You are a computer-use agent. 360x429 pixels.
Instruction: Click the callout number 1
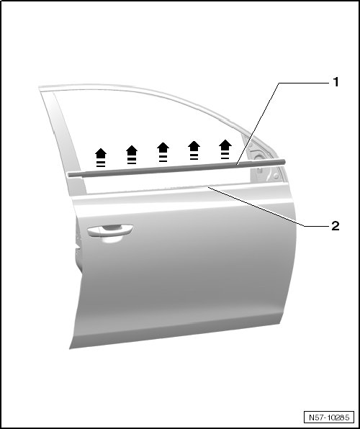pyautogui.click(x=336, y=82)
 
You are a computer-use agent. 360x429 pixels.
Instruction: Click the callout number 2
pyautogui.click(x=336, y=226)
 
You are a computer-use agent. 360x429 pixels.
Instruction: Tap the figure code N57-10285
pyautogui.click(x=329, y=417)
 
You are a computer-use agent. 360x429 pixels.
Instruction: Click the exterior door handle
pyautogui.click(x=110, y=230)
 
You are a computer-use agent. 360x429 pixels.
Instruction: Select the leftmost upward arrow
pyautogui.click(x=101, y=158)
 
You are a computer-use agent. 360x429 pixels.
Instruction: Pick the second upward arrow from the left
pyautogui.click(x=132, y=155)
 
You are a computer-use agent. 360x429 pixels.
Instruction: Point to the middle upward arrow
pyautogui.click(x=163, y=152)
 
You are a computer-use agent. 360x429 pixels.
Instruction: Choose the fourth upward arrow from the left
pyautogui.click(x=194, y=150)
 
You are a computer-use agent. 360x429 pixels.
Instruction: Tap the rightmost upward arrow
pyautogui.click(x=225, y=149)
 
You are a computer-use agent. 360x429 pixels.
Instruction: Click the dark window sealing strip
pyautogui.click(x=176, y=168)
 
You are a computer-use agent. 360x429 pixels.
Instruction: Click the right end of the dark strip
pyautogui.click(x=284, y=162)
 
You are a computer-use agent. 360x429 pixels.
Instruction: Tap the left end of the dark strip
pyautogui.click(x=69, y=175)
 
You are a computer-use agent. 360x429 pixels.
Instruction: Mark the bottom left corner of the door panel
pyautogui.click(x=70, y=349)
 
